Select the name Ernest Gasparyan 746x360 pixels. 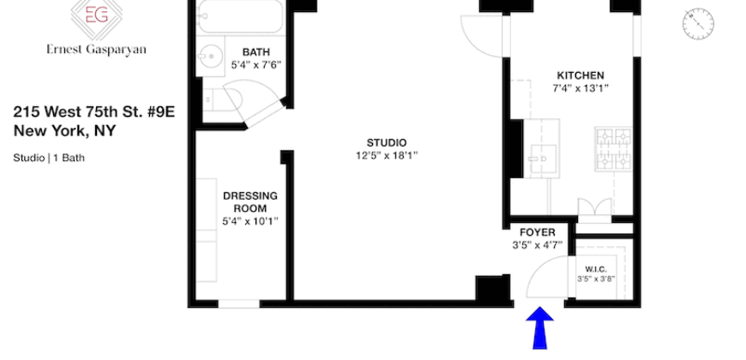tap(96, 50)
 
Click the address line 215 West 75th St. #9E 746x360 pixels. tap(93, 112)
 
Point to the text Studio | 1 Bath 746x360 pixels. tap(49, 158)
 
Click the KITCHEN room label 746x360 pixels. tap(581, 75)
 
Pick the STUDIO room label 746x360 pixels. tap(388, 142)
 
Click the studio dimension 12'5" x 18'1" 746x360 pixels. tap(388, 155)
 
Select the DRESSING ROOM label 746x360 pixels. tap(250, 201)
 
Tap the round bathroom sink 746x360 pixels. tap(210, 58)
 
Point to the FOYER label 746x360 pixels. tap(538, 232)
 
